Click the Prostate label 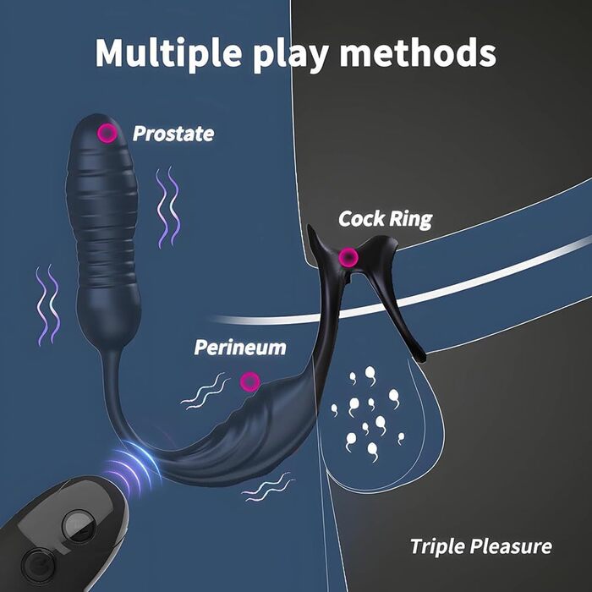(x=173, y=134)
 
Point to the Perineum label (x=240, y=347)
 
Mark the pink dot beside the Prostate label (x=107, y=133)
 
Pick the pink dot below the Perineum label (x=249, y=382)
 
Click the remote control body (x=68, y=541)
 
